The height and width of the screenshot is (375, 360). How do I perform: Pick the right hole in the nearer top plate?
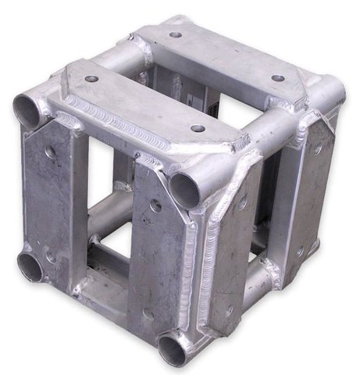point(198,128)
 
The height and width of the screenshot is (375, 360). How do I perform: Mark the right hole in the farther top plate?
point(276,78)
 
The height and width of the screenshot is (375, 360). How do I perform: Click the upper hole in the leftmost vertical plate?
point(51,152)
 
